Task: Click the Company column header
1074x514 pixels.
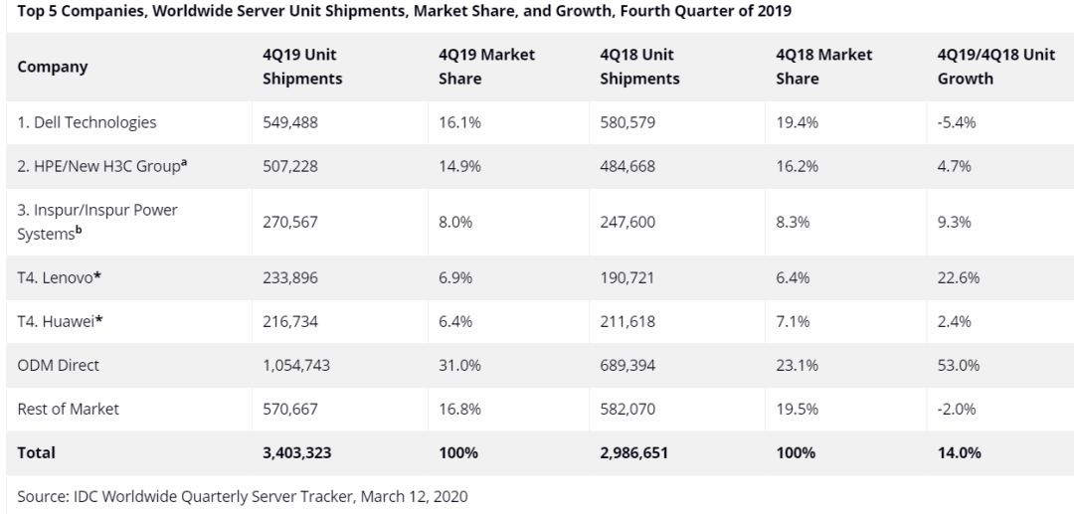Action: [53, 67]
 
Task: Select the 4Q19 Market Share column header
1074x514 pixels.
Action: [486, 67]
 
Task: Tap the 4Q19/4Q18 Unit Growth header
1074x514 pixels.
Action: [995, 67]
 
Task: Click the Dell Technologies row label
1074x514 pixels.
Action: [87, 123]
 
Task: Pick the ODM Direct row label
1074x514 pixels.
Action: [59, 365]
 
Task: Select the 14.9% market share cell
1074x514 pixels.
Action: [459, 166]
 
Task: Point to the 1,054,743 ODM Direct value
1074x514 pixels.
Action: [296, 365]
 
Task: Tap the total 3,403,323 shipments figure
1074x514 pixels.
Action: [296, 452]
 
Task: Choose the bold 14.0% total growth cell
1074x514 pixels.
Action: [960, 452]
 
